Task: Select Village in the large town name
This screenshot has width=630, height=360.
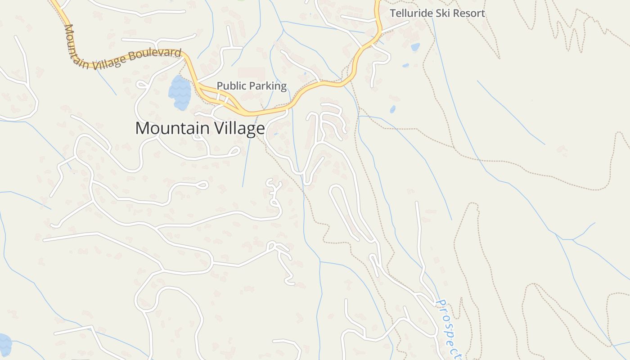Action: tap(239, 128)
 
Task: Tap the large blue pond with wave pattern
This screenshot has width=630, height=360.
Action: tap(180, 93)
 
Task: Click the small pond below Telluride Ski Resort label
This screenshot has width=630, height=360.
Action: tap(415, 47)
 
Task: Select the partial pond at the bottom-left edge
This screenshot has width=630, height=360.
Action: tap(4, 344)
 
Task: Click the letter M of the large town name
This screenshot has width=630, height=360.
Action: tap(143, 128)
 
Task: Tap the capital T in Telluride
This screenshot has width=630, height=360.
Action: tap(393, 13)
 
